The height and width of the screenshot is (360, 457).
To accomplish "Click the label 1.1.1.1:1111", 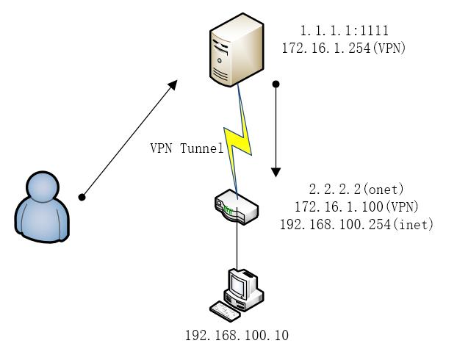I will [345, 31].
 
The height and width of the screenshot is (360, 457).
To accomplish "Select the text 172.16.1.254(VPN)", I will [344, 48].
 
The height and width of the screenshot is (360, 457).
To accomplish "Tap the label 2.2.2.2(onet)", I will [356, 189].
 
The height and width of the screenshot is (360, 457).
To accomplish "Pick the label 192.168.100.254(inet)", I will [356, 224].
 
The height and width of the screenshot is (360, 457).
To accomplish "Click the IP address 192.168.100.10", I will [237, 336].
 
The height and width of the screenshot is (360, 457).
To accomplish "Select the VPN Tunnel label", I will [187, 148].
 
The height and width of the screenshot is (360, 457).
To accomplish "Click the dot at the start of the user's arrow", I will [82, 197].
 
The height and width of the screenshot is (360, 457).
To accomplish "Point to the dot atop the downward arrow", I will [276, 85].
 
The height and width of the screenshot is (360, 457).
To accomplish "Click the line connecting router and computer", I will [237, 246].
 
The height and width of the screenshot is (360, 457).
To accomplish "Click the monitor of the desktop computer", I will [242, 283].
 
